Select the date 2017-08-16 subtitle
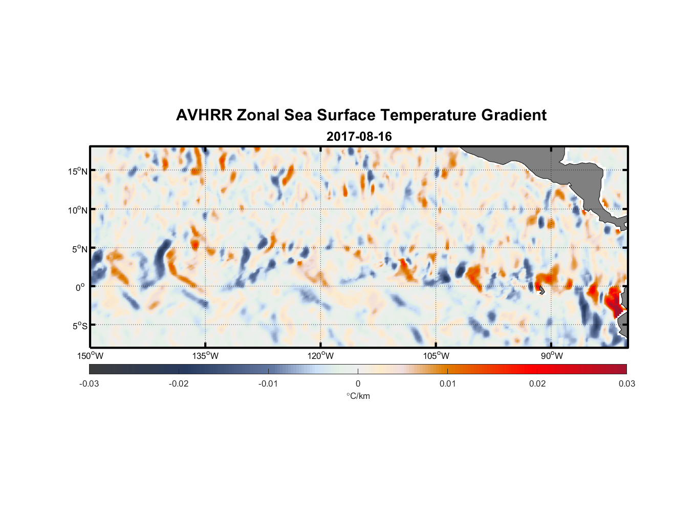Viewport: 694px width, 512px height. [359, 137]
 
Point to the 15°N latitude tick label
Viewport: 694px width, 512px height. [77, 171]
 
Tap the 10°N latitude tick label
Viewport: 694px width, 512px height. [77, 210]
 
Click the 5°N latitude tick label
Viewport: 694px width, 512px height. [79, 249]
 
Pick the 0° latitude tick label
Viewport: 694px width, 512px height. [80, 287]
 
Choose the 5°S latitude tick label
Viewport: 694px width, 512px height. [79, 326]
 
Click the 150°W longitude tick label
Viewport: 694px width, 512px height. [90, 356]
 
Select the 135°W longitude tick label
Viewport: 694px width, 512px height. [205, 356]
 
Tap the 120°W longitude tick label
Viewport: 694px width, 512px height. [320, 356]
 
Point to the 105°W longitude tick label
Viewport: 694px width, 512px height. [436, 356]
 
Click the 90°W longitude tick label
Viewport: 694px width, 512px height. [552, 356]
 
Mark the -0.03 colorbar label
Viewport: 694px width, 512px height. [89, 383]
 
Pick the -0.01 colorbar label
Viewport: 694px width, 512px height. [268, 383]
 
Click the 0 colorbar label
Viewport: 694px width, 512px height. [358, 383]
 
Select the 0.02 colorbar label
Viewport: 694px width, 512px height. [537, 383]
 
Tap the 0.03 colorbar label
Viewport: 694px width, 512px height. [626, 383]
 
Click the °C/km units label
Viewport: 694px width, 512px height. [358, 396]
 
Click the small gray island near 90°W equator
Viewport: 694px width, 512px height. [541, 290]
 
